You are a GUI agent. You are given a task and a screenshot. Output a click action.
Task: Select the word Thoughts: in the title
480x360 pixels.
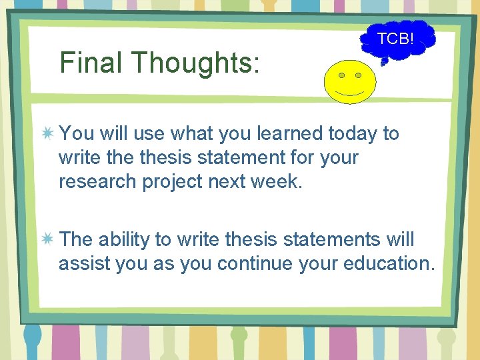click(195, 63)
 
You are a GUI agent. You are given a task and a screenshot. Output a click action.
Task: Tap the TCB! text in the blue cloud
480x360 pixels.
click(395, 39)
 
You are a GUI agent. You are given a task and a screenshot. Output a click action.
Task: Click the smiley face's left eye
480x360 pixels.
click(341, 74)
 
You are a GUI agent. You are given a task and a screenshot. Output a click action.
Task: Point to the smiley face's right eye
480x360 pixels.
click(358, 74)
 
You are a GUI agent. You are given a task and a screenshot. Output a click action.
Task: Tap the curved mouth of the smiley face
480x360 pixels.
click(349, 91)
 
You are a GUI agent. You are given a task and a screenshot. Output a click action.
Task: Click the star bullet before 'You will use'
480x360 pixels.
click(47, 134)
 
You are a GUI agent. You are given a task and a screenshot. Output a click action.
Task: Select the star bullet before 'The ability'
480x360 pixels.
click(47, 239)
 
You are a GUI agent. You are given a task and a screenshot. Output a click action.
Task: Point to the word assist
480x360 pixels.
click(84, 263)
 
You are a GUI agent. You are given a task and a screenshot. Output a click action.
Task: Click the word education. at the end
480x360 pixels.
click(389, 263)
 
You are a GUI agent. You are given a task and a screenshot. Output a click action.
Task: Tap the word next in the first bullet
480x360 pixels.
click(230, 182)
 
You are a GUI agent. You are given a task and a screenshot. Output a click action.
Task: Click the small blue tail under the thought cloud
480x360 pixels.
click(384, 62)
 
